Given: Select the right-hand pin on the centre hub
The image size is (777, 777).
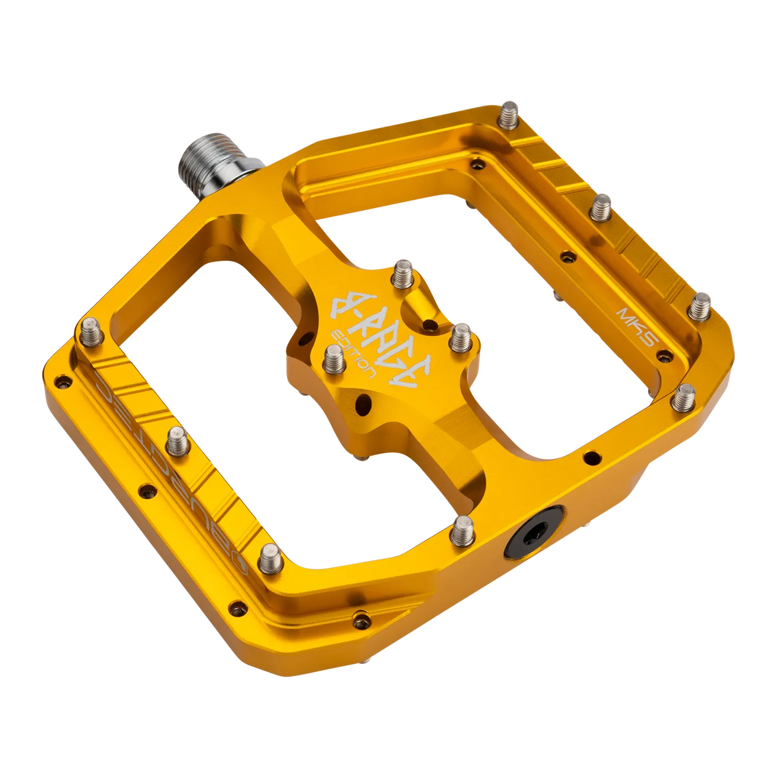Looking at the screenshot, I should pos(458,338).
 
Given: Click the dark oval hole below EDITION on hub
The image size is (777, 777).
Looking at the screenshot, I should pos(364,405).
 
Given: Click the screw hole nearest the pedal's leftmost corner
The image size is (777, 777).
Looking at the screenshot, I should pos(61,382).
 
